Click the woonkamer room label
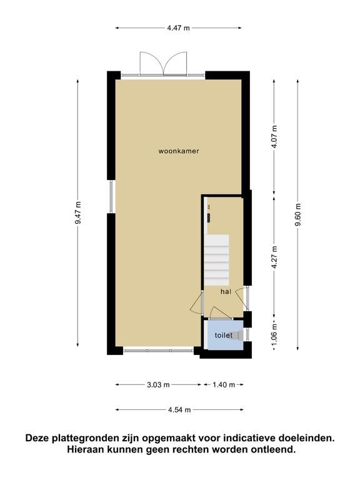pyautogui.click(x=179, y=151)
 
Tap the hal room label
pyautogui.click(x=226, y=292)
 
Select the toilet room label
pyautogui.click(x=224, y=336)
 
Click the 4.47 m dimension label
pyautogui.click(x=179, y=28)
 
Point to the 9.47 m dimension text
pyautogui.click(x=78, y=212)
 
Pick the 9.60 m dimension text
pyautogui.click(x=298, y=214)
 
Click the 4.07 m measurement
pyautogui.click(x=274, y=137)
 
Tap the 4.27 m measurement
pyautogui.click(x=274, y=257)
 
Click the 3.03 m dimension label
pyautogui.click(x=158, y=385)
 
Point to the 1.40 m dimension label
pyautogui.click(x=224, y=385)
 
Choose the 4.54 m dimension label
pyautogui.click(x=179, y=410)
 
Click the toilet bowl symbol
pyautogui.click(x=237, y=336)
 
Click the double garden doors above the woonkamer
pyautogui.click(x=163, y=63)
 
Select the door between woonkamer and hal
pyautogui.click(x=197, y=302)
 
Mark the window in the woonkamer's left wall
pyautogui.click(x=111, y=196)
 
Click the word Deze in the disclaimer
pyautogui.click(x=37, y=438)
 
